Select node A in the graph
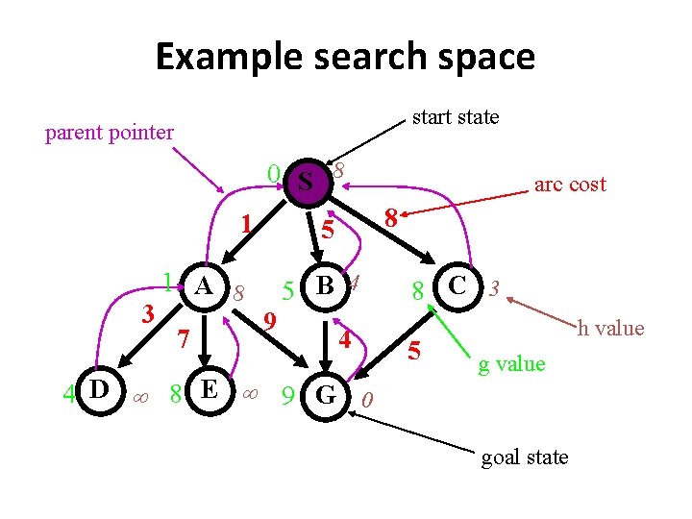(x=204, y=285)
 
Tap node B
(x=325, y=285)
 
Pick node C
(x=458, y=285)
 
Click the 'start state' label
(x=456, y=117)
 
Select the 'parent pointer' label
(x=110, y=133)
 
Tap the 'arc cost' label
(x=570, y=185)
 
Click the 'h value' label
(x=610, y=329)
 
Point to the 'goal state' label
(x=525, y=457)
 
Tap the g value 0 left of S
(x=274, y=174)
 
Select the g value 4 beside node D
(x=68, y=393)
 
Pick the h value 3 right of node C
(x=493, y=287)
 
